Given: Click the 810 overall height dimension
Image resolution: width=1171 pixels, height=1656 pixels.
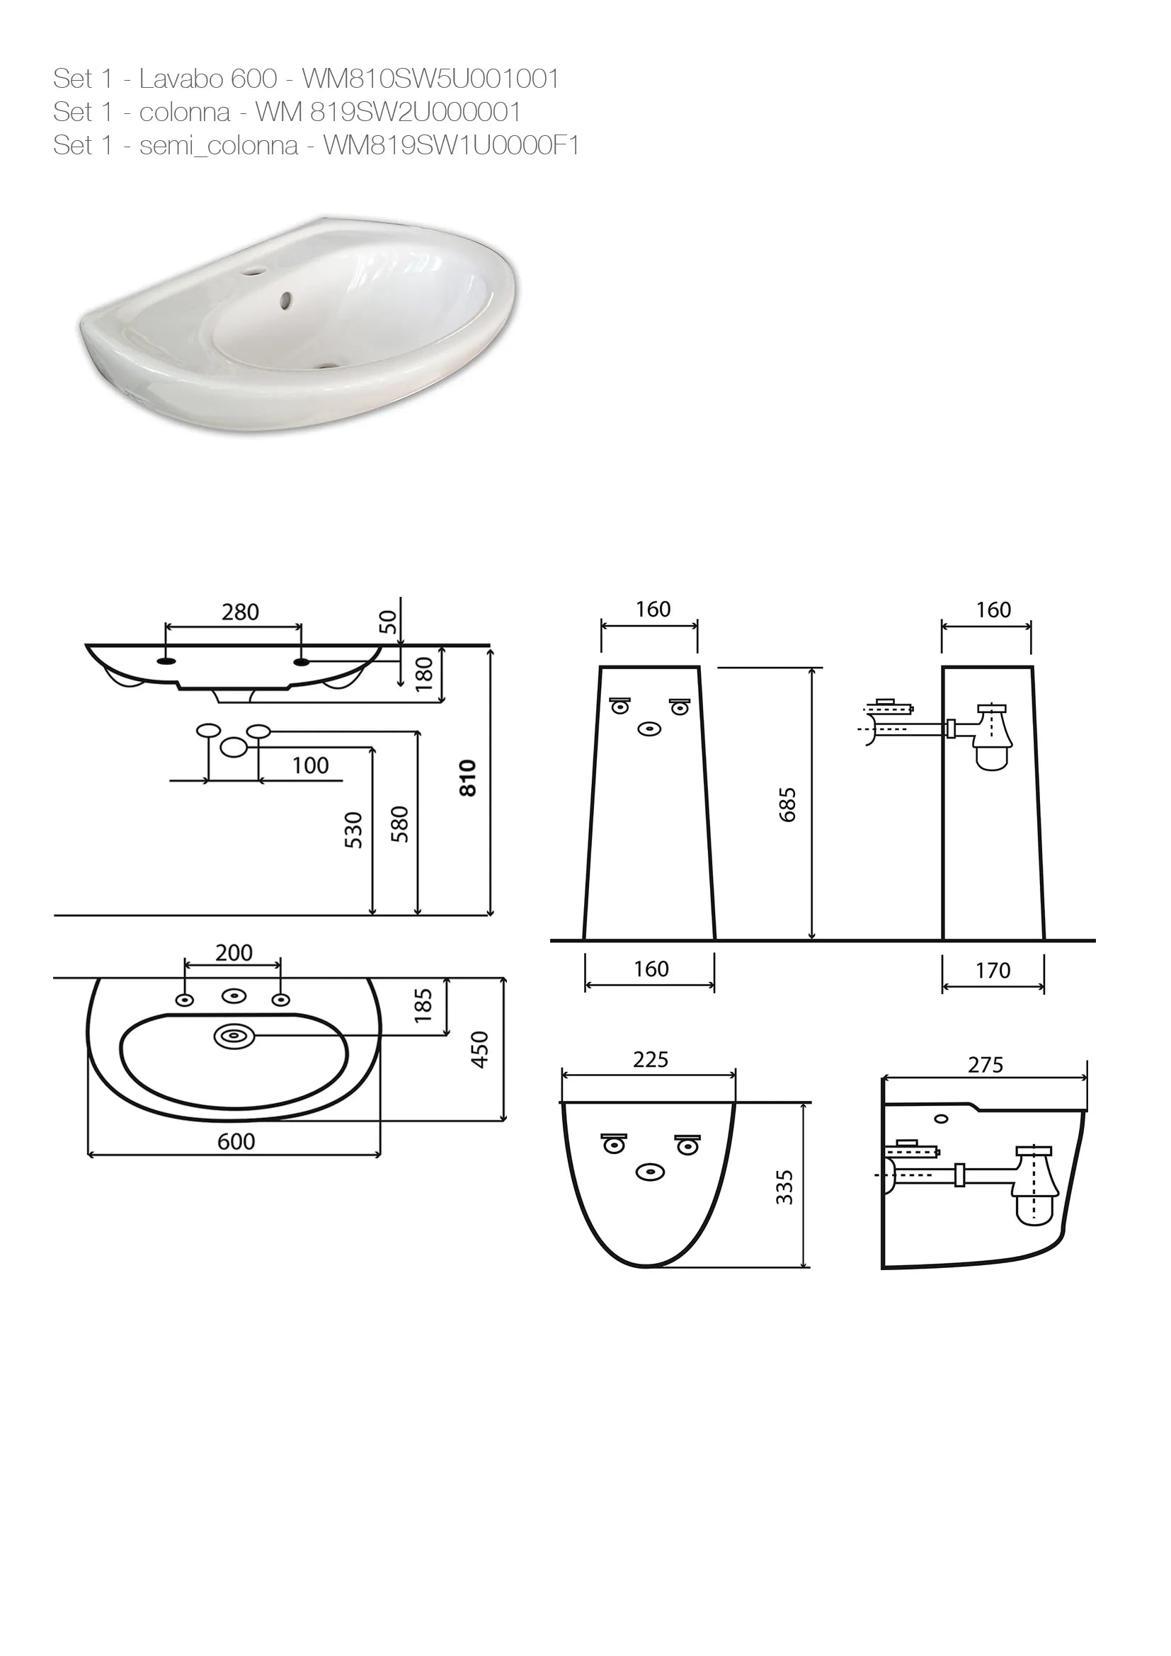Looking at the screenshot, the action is (469, 777).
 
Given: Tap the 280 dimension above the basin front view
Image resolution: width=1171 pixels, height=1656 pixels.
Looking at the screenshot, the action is (240, 612).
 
